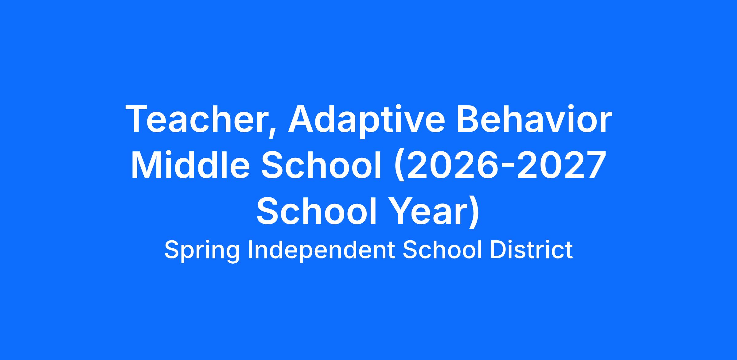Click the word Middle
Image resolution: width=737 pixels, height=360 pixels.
click(x=190, y=164)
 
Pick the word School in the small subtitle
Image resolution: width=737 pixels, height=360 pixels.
click(x=442, y=250)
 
